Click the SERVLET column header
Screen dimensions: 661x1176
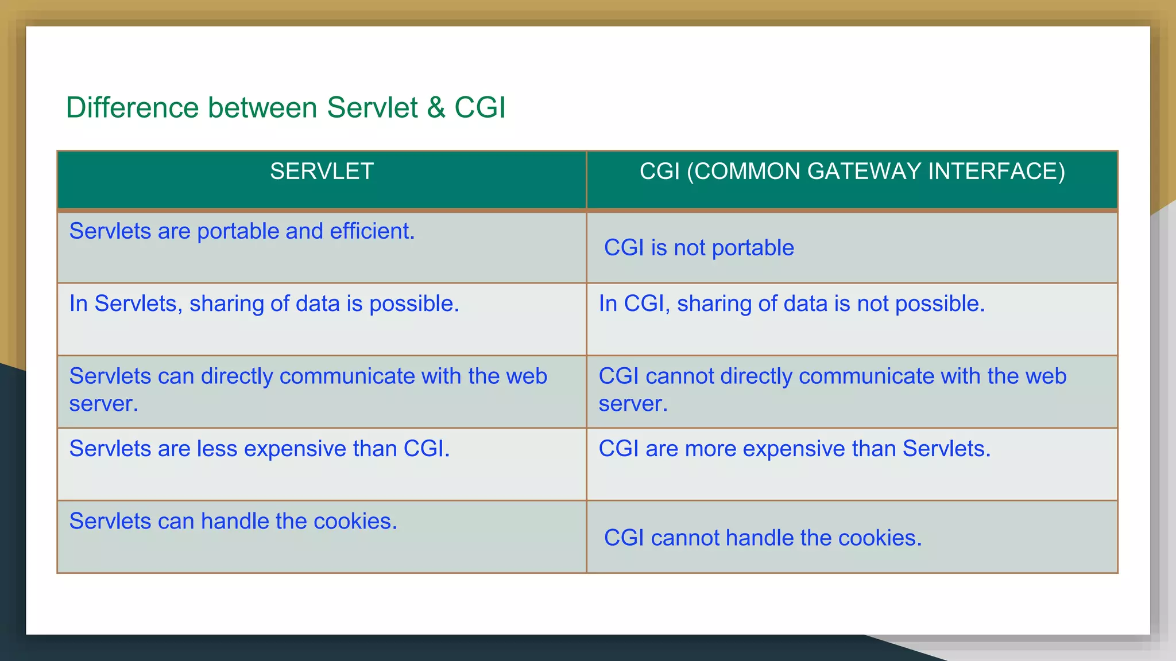pyautogui.click(x=322, y=172)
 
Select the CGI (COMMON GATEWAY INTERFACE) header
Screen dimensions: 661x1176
pyautogui.click(x=852, y=172)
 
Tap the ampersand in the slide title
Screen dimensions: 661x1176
pyautogui.click(x=436, y=108)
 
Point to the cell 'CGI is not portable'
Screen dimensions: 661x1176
pyautogui.click(x=699, y=248)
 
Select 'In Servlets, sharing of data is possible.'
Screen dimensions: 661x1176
pyautogui.click(x=264, y=304)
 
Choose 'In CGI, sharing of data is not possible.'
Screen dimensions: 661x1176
pyautogui.click(x=791, y=304)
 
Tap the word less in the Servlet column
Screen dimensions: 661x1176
pyautogui.click(x=217, y=449)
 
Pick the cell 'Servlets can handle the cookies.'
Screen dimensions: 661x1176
pyautogui.click(x=233, y=521)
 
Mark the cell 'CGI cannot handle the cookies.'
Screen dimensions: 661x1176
pyautogui.click(x=763, y=538)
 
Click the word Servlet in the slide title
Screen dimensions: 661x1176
pyautogui.click(x=372, y=108)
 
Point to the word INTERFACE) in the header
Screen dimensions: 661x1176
pyautogui.click(x=997, y=172)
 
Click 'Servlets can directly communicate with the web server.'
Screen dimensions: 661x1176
pyautogui.click(x=308, y=390)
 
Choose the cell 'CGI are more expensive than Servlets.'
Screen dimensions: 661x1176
pyautogui.click(x=794, y=449)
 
